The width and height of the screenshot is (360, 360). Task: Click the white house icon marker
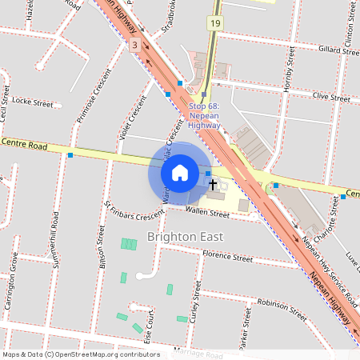coord(180,173)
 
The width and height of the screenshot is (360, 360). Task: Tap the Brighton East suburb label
coord(185,238)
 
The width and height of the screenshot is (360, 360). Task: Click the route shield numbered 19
coord(216,24)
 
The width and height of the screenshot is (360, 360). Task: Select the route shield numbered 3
coord(135,46)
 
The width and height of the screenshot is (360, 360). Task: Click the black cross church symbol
coord(213,185)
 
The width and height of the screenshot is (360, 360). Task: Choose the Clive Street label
coord(331,97)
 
